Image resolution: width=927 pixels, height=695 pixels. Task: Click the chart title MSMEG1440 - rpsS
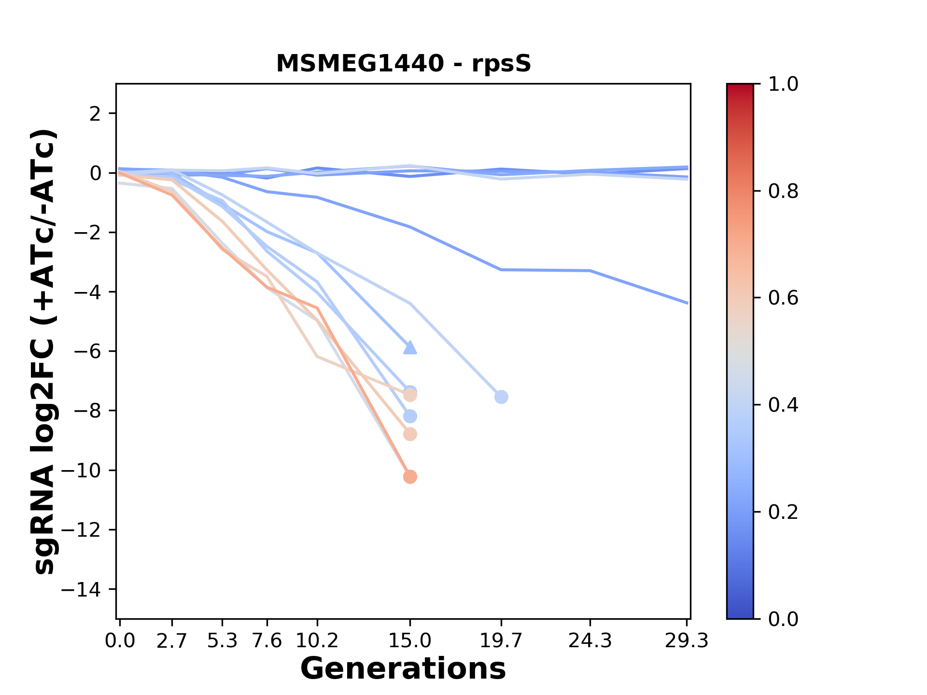click(403, 64)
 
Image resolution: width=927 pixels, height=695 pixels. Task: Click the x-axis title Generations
click(403, 668)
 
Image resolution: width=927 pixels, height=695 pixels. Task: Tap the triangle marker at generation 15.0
click(410, 347)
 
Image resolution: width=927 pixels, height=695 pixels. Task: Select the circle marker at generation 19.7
click(501, 397)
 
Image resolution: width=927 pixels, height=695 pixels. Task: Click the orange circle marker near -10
click(410, 477)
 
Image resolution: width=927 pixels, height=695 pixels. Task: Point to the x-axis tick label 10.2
click(317, 641)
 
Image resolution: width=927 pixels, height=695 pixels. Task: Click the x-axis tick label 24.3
click(590, 641)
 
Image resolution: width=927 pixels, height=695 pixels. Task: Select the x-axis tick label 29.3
click(687, 641)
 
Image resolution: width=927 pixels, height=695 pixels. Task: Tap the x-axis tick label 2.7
click(172, 641)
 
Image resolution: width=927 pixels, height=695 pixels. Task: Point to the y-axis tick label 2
click(96, 114)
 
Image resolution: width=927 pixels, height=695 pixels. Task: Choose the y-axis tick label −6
click(87, 351)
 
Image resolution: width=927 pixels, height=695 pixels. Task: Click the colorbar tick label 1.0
click(783, 84)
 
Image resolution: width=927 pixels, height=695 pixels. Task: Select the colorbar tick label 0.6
click(783, 298)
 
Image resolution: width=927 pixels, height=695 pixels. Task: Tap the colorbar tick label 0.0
click(783, 619)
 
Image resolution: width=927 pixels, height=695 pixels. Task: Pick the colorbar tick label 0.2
click(783, 512)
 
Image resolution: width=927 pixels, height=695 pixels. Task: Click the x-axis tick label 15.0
click(410, 641)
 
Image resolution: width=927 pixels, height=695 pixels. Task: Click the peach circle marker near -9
click(410, 434)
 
